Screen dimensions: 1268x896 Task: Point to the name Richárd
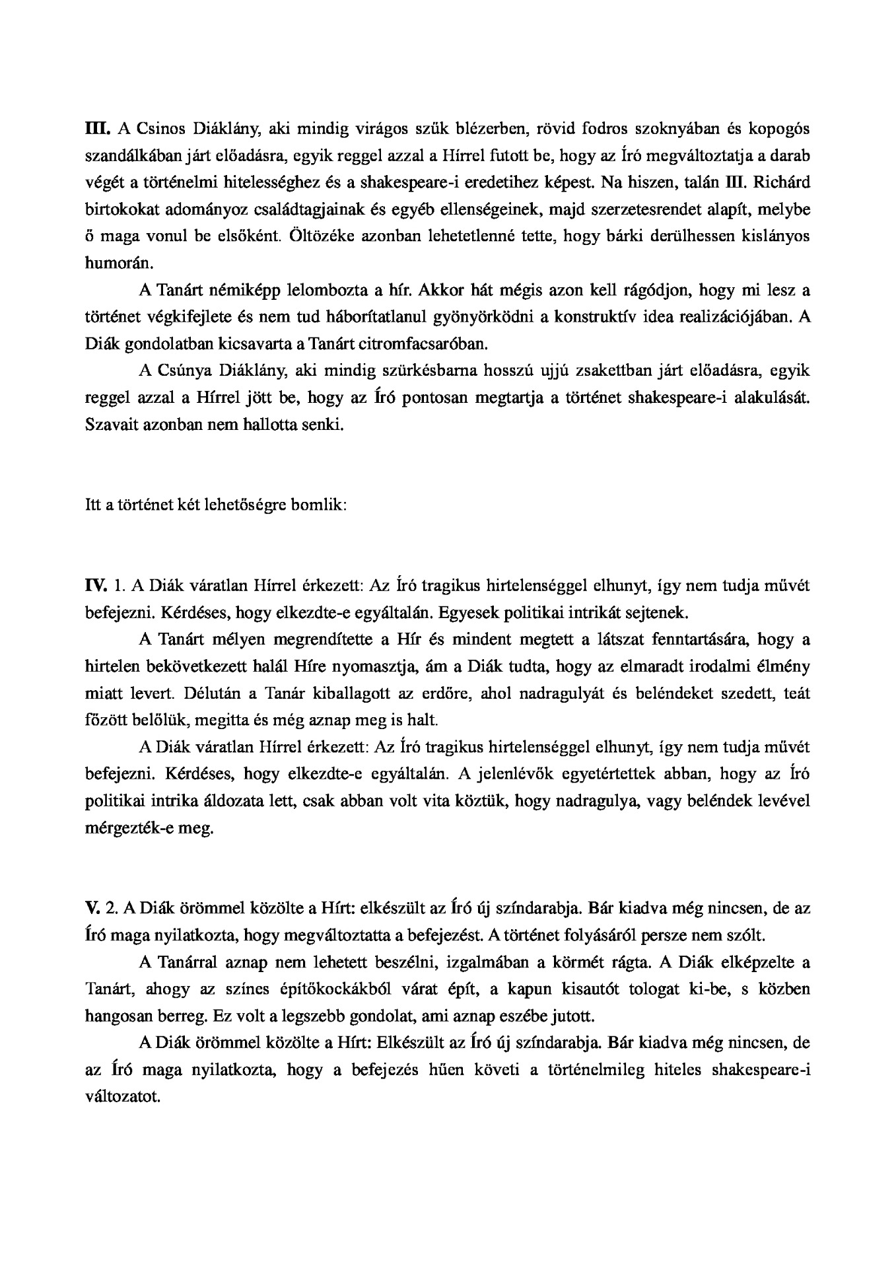point(784,182)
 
